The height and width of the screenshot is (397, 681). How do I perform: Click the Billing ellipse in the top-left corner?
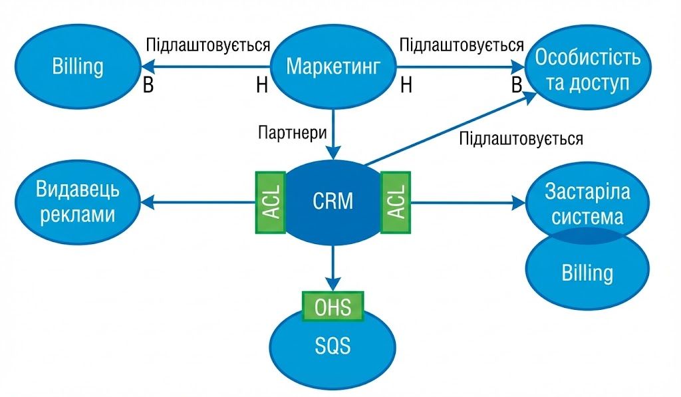pos(77,66)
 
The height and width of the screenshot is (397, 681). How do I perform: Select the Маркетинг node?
pos(333,66)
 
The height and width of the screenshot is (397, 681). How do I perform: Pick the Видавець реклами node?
pos(78,201)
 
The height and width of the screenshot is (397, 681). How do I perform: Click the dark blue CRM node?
pos(333,201)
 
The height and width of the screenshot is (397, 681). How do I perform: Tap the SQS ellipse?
pos(332,346)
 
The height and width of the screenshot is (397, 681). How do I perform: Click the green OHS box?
pos(333,307)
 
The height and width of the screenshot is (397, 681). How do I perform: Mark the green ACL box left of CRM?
pos(271,201)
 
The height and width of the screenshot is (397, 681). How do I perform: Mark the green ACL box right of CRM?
pos(395,201)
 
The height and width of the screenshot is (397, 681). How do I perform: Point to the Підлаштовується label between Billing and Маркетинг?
pos(207,45)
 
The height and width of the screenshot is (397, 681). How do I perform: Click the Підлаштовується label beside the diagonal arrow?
pos(521,139)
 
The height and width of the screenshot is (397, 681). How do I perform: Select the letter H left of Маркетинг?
pos(261,86)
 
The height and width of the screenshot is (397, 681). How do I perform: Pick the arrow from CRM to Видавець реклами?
pos(200,201)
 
